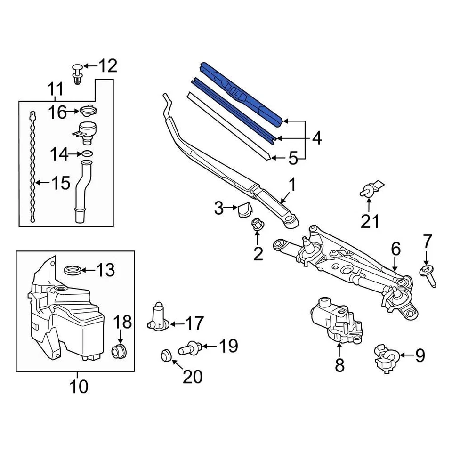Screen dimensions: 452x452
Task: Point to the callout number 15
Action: click(x=60, y=183)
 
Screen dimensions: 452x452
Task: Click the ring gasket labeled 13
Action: click(x=72, y=270)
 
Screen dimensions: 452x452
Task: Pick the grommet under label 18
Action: click(x=119, y=351)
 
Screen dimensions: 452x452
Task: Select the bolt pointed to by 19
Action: click(x=189, y=348)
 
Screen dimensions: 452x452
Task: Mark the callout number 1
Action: click(x=292, y=185)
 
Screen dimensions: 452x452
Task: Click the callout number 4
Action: click(x=317, y=138)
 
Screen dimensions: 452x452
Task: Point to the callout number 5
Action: click(x=293, y=158)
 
